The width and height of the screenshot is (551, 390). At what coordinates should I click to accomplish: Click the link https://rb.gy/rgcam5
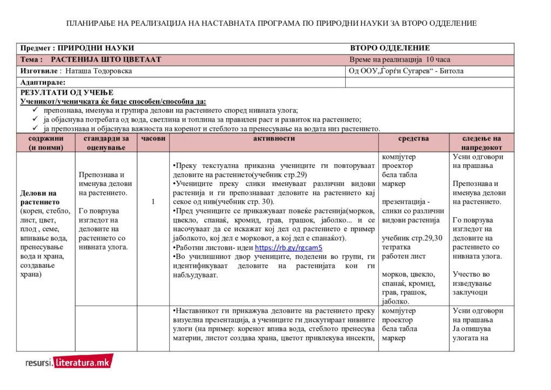(x=288, y=248)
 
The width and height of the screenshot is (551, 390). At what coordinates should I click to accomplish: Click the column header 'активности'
(x=273, y=139)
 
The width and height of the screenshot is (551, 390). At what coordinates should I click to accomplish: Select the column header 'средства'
(x=413, y=139)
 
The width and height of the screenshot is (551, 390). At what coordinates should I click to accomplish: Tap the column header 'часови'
(x=153, y=139)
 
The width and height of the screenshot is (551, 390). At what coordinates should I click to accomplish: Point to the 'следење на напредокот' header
(x=481, y=143)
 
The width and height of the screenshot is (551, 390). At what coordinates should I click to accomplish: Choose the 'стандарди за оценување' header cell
(x=106, y=143)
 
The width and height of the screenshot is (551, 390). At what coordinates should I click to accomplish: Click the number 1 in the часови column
(x=153, y=201)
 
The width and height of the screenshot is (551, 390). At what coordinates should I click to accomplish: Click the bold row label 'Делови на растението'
(x=38, y=197)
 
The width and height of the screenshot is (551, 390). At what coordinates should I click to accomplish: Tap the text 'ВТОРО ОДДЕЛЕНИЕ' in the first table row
(x=389, y=48)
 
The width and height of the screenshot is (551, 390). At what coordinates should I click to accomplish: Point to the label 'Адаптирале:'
(x=43, y=83)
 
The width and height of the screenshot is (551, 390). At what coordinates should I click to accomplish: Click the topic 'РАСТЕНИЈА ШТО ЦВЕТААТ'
(x=106, y=59)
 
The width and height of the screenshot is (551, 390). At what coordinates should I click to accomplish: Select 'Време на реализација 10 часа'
(x=400, y=59)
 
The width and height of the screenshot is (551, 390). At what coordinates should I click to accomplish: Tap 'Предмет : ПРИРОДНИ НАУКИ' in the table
(x=77, y=48)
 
